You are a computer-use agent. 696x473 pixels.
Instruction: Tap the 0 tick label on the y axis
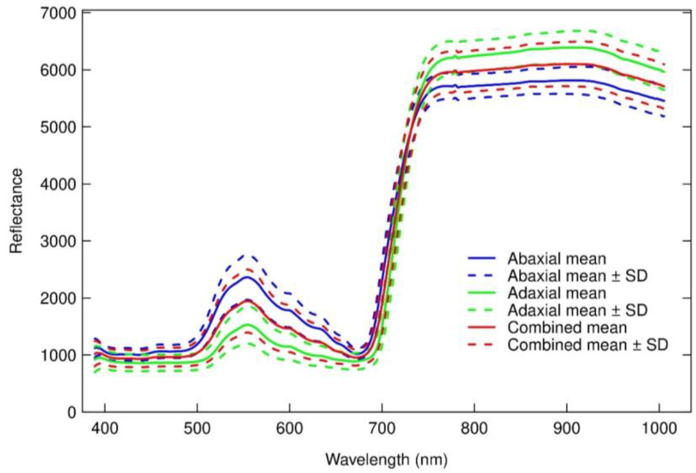[72, 413]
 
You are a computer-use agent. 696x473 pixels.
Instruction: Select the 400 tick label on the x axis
[105, 429]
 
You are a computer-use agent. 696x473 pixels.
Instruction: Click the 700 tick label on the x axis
[382, 429]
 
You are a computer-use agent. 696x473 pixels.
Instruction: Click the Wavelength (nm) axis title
[386, 460]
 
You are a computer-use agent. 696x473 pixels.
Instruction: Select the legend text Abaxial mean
[557, 259]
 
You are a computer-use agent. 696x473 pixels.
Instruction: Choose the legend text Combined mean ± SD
[588, 344]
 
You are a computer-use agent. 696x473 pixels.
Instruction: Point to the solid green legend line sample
[482, 293]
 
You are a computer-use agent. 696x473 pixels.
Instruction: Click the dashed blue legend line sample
[482, 276]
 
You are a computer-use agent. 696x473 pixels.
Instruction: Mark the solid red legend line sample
[482, 327]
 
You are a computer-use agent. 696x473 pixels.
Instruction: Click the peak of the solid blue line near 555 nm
[248, 277]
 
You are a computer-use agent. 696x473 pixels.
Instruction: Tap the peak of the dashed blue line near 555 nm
[248, 255]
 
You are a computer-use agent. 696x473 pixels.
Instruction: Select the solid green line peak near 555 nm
[248, 325]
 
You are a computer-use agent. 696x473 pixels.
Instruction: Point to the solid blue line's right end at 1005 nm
[664, 101]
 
